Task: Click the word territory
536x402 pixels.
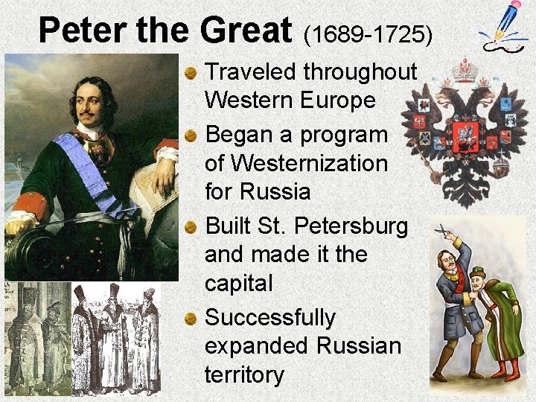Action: click(x=244, y=375)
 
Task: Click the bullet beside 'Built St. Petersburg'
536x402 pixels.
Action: click(x=192, y=226)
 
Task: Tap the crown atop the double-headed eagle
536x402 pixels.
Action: click(x=465, y=73)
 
